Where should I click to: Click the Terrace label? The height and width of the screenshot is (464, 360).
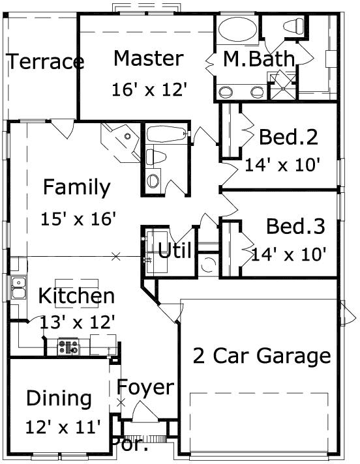coord(45,62)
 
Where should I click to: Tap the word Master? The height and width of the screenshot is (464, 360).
coord(148,58)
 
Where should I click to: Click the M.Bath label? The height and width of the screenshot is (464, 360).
coord(259,59)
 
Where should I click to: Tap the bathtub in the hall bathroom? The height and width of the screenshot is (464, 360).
coord(164,135)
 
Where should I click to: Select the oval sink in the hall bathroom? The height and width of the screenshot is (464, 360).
coord(155,180)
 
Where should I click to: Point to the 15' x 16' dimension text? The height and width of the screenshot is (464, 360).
coord(78,218)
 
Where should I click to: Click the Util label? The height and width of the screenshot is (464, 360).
coord(175,250)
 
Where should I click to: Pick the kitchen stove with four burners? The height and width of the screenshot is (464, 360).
coord(68,345)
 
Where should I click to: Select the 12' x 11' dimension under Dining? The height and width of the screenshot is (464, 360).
coord(63,427)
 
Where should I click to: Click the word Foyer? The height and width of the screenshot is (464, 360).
coord(145,387)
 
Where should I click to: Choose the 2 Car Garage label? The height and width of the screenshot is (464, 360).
coord(262,356)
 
